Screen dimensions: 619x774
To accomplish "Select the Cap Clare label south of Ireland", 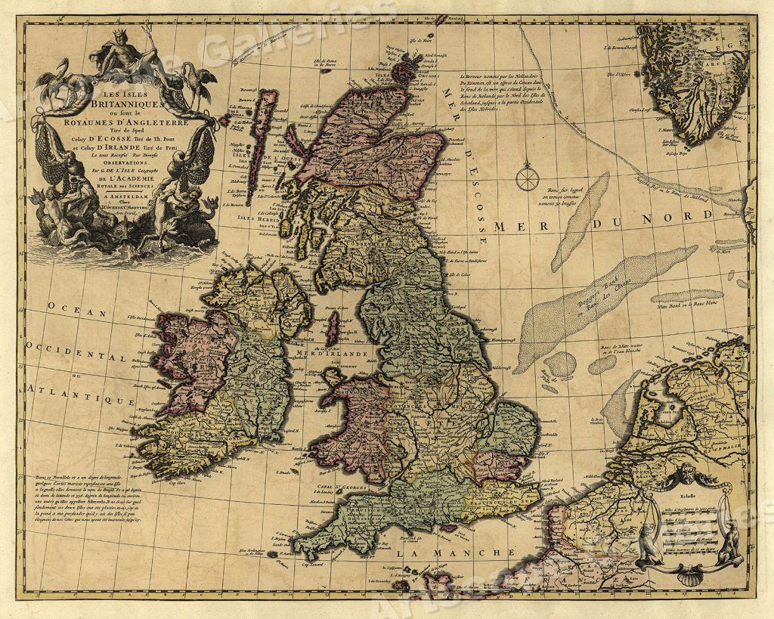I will coord(183,479).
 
